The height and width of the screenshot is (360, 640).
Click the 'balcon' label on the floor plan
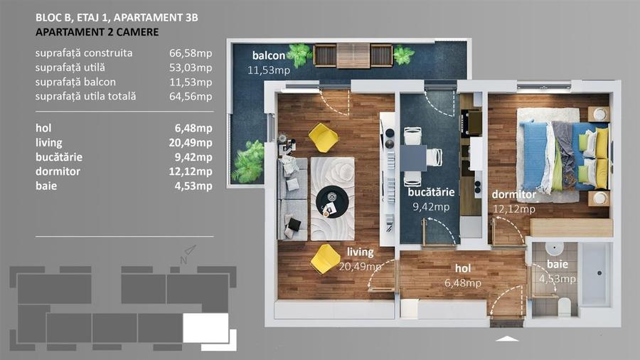coord(269,56)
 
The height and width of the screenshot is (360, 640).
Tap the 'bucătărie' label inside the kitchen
coord(430,192)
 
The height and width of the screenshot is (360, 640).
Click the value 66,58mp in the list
coord(195,53)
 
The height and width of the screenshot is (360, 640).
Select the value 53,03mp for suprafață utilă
coord(195,68)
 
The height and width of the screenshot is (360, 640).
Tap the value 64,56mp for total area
coord(195,96)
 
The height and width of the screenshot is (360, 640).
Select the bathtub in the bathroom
coord(594,274)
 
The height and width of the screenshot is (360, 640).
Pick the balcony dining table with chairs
coord(353,55)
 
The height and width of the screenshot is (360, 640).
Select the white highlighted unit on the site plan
coord(206,327)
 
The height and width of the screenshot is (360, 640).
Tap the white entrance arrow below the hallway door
coord(507,339)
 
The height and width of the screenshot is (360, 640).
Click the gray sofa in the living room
coord(291,196)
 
